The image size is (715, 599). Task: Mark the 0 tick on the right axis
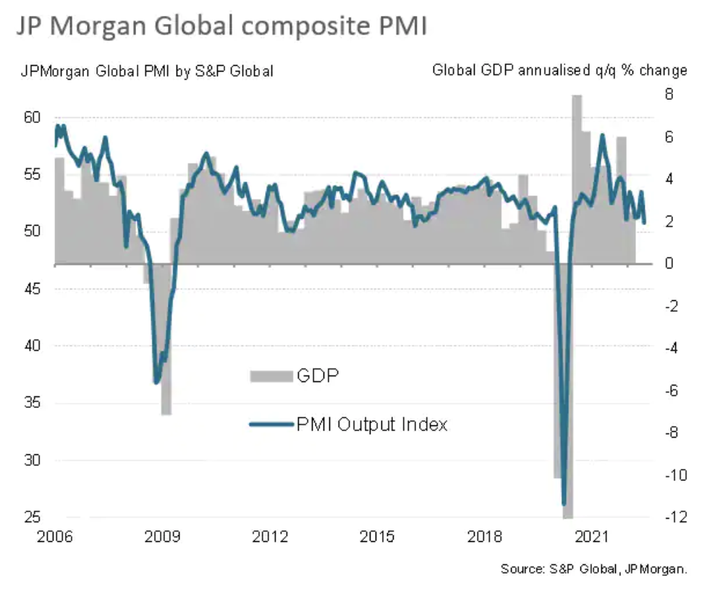point(669,264)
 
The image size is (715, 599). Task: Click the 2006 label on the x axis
point(55,537)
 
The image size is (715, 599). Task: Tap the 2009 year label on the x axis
point(162,537)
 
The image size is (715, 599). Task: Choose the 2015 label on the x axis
point(377,537)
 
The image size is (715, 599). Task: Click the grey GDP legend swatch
point(271,376)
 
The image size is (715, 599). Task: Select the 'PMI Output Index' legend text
point(372,424)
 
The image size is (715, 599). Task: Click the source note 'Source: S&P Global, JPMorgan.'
point(593,569)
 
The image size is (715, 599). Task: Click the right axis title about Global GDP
point(559,71)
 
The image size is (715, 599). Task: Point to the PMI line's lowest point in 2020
point(564,503)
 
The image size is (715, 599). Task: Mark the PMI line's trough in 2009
point(156,382)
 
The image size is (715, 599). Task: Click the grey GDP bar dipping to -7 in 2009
point(166,340)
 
